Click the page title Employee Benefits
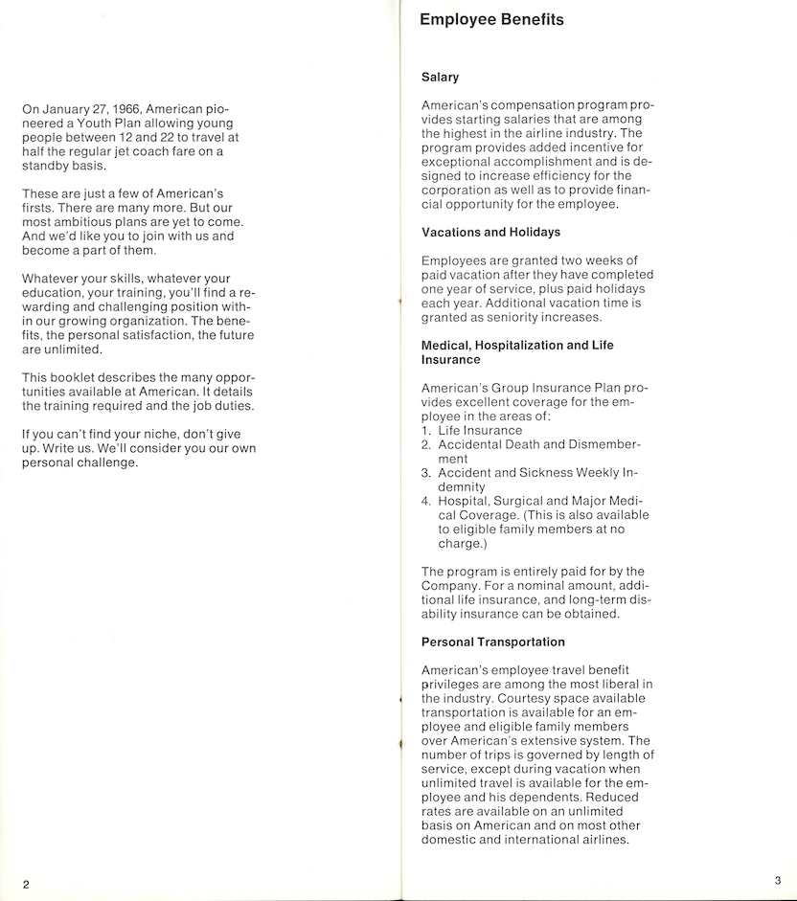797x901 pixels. pyautogui.click(x=491, y=20)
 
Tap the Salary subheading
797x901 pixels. pyautogui.click(x=440, y=77)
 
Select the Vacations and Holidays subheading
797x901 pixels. pyautogui.click(x=490, y=232)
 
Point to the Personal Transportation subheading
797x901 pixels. pyautogui.click(x=493, y=642)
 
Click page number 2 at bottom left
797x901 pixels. pyautogui.click(x=27, y=884)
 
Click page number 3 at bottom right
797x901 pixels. pyautogui.click(x=777, y=879)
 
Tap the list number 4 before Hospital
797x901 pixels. pyautogui.click(x=426, y=501)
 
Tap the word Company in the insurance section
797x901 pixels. pyautogui.click(x=452, y=586)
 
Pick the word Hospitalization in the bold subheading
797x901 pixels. pyautogui.click(x=529, y=345)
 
